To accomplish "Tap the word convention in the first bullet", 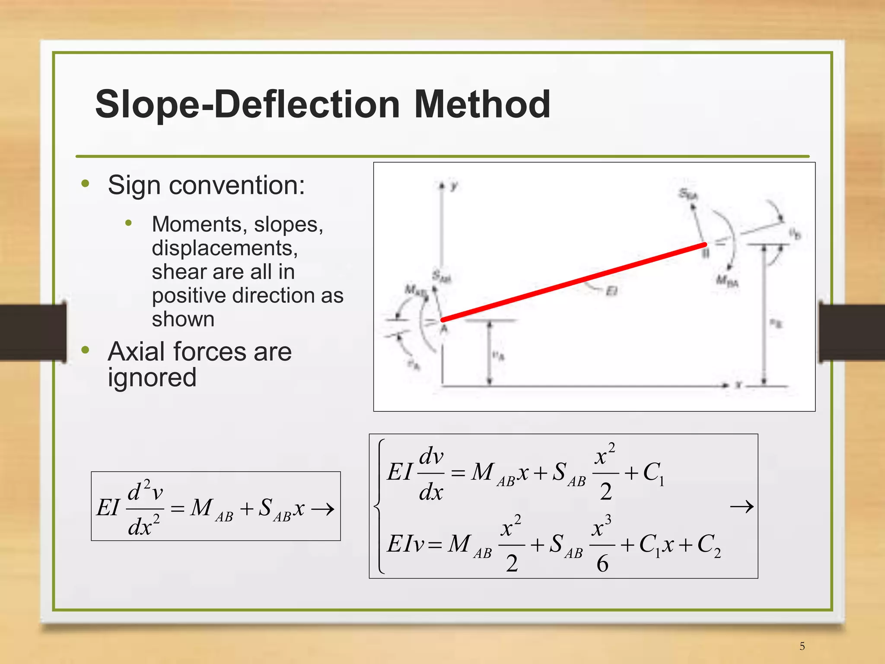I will [x=237, y=185].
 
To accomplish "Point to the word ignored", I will [x=152, y=378].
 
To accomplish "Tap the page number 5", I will [x=802, y=646].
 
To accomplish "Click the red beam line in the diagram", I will [x=573, y=282].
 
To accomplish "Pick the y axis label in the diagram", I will [x=454, y=186].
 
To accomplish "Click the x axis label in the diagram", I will [x=739, y=384].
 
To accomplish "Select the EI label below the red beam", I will [x=611, y=292].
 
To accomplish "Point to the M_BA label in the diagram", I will [x=727, y=281].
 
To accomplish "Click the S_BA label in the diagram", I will [x=688, y=194].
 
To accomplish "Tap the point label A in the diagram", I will [x=444, y=329].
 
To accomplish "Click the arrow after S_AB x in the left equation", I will [x=323, y=509].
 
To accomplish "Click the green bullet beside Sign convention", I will [x=85, y=184].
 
